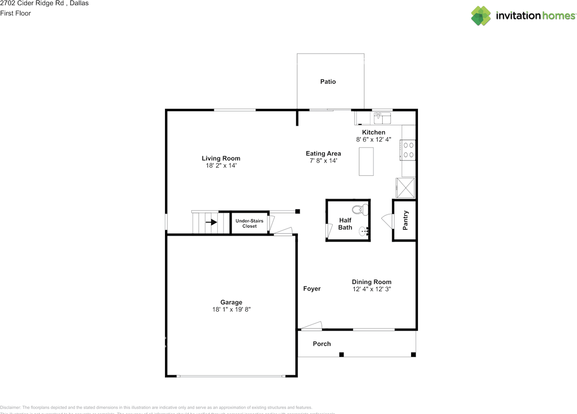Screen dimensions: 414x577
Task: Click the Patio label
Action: [328, 82]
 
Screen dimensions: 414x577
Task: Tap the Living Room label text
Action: [221, 158]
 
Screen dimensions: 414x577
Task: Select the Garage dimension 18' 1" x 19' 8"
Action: [231, 309]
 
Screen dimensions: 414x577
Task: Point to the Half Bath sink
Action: [364, 232]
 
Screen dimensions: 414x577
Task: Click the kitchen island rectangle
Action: [366, 161]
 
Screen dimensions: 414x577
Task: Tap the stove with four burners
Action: [408, 150]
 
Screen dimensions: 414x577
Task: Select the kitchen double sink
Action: [382, 119]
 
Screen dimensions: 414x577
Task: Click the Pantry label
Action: [405, 220]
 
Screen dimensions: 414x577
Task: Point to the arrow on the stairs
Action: [211, 222]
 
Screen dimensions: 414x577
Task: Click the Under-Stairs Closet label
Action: [249, 223]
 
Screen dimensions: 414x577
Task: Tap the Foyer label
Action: [311, 289]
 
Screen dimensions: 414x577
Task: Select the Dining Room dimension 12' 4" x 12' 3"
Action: [371, 289]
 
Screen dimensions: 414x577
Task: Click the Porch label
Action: [322, 344]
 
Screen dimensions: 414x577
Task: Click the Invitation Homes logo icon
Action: [481, 16]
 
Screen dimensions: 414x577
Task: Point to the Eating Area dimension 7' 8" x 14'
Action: [323, 161]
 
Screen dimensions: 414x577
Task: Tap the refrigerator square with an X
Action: [405, 188]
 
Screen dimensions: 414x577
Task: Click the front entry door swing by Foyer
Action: [312, 326]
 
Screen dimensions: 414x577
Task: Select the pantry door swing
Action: [387, 221]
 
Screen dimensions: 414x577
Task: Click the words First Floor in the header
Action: [16, 13]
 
